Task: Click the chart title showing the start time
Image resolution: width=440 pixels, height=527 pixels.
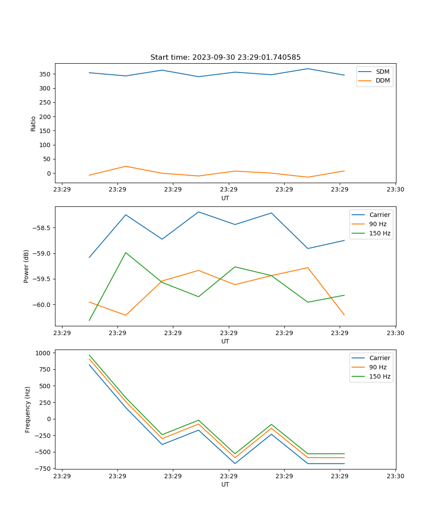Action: coord(225,58)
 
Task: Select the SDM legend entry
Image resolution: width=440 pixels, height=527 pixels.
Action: coord(382,71)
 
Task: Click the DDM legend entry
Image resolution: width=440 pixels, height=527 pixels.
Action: coord(382,80)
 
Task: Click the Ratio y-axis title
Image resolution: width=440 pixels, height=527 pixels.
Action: coord(33,123)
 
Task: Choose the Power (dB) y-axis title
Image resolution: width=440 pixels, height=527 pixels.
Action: coord(26,266)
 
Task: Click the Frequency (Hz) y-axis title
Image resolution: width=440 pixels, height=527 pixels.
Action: coord(27,409)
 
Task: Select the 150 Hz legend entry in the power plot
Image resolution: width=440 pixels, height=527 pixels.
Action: coord(380,233)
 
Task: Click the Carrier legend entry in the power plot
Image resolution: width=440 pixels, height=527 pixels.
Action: coord(380,215)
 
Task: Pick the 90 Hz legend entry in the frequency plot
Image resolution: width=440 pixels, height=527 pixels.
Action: coord(378,367)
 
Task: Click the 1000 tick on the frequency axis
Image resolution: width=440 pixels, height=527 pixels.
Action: coord(45,353)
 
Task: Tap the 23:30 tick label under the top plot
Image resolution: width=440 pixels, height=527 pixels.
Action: coord(396,190)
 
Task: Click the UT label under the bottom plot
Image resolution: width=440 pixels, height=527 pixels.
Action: coord(225,484)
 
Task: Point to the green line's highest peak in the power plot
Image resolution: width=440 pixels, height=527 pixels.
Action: coord(126,253)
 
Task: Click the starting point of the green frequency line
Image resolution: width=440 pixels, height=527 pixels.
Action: coord(89,355)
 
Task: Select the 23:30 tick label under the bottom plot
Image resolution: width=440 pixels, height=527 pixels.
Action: coord(396,476)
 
